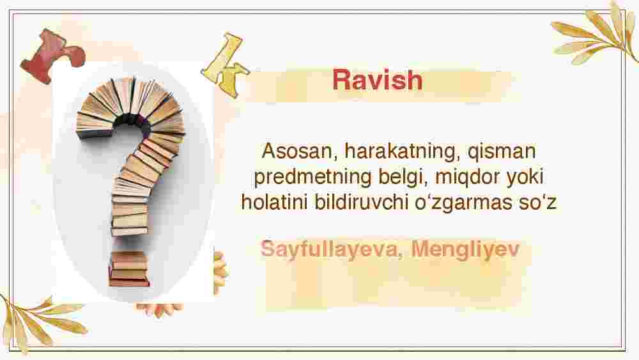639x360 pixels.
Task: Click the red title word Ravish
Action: click(x=378, y=80)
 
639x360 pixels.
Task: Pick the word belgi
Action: click(x=403, y=178)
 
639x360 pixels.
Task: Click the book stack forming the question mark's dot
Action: click(x=129, y=269)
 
